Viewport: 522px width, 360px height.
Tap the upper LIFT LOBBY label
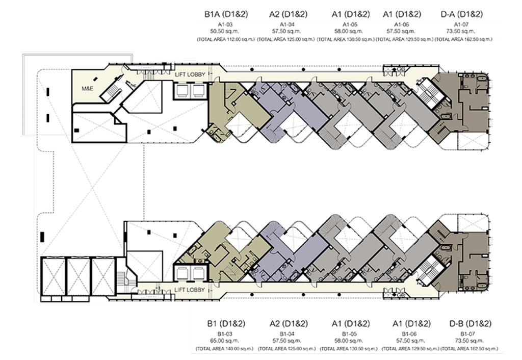(190, 74)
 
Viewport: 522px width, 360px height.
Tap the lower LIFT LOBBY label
(190, 290)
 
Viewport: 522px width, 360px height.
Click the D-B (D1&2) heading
(470, 324)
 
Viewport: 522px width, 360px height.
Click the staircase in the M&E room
(108, 92)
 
